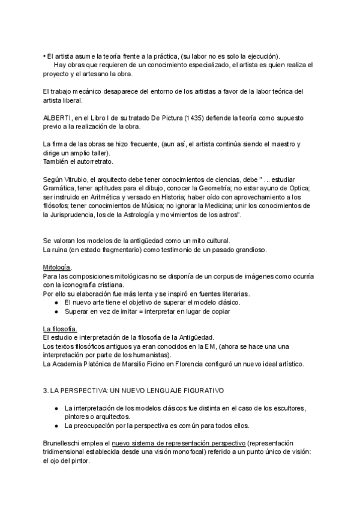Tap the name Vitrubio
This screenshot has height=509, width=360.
76,181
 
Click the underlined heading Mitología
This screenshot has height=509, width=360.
57,266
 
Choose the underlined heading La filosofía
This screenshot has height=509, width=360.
60,328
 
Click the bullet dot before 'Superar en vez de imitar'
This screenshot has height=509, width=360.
56,312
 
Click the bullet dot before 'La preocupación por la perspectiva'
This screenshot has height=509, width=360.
56,426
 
